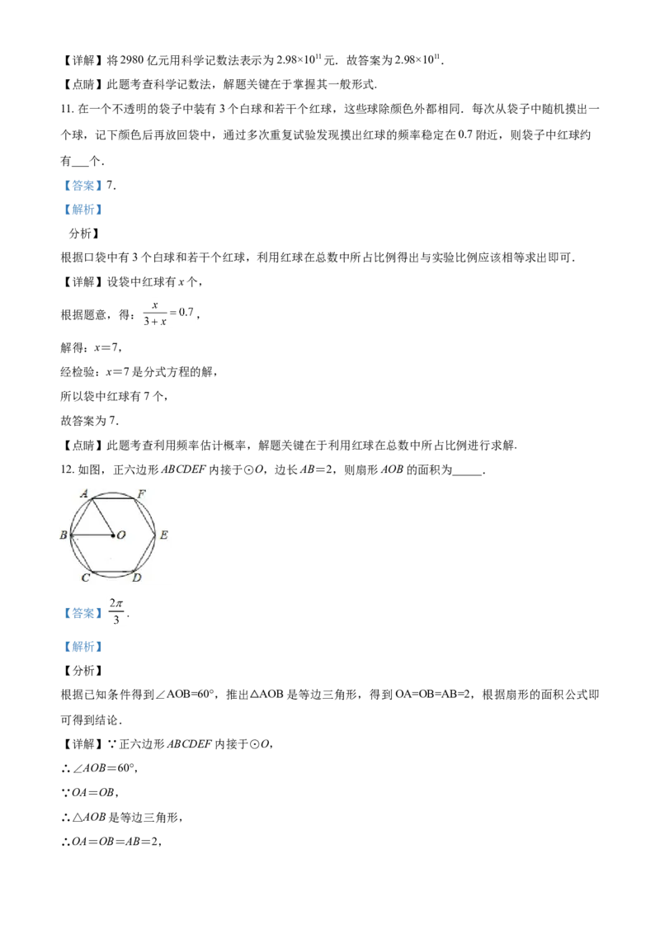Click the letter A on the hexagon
point(84,493)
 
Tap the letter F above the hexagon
point(142,493)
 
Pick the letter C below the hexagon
point(86,578)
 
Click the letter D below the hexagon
point(137,578)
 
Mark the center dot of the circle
point(113,535)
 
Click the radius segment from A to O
point(102,517)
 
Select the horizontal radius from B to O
point(92,535)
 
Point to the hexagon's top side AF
point(113,498)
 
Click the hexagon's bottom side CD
point(113,572)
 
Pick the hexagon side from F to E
point(144,517)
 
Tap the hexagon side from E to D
point(144,554)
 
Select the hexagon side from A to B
point(81,517)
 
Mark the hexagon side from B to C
point(81,554)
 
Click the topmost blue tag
point(82,185)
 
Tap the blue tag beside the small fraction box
point(82,614)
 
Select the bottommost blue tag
point(82,647)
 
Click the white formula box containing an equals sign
point(168,311)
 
